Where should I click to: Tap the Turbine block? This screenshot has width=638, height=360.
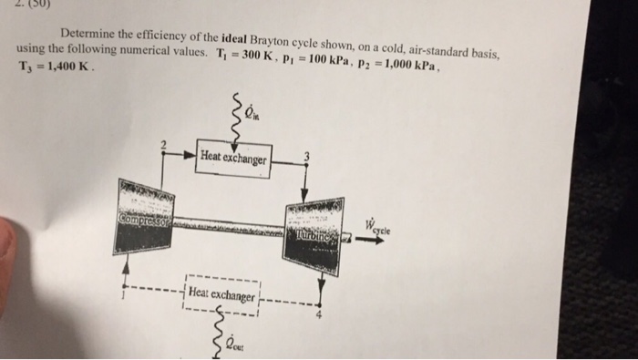coord(312,235)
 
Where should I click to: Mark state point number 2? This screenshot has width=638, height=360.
coord(163,146)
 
